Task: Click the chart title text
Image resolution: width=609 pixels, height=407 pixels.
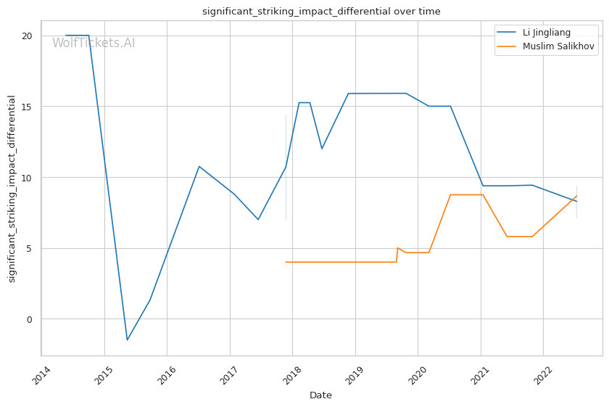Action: click(x=321, y=12)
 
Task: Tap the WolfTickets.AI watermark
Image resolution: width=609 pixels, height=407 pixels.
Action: click(x=94, y=43)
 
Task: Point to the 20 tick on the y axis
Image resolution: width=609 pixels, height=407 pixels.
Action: click(x=27, y=36)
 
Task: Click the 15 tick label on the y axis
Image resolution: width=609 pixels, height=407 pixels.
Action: click(x=27, y=107)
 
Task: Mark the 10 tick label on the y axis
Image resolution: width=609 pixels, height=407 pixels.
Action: click(x=27, y=178)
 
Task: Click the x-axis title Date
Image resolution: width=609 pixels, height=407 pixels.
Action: click(x=320, y=395)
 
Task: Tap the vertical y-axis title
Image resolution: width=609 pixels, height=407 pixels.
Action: click(x=12, y=189)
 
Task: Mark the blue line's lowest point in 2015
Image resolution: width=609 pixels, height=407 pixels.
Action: click(x=127, y=340)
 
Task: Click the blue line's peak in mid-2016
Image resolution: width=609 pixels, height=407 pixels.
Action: click(x=199, y=166)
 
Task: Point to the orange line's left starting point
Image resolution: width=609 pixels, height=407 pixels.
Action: click(x=286, y=262)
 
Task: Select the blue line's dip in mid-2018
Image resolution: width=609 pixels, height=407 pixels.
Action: click(x=322, y=149)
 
